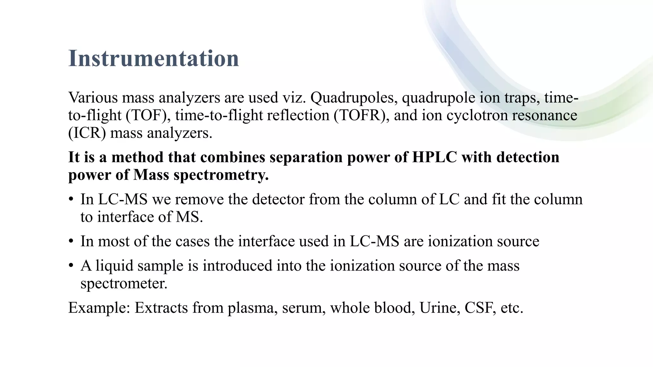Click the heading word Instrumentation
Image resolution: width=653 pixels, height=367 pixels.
pyautogui.click(x=153, y=59)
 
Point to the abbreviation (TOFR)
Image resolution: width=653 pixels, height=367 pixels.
pyautogui.click(x=362, y=115)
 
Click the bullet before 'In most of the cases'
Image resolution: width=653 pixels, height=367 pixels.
pyautogui.click(x=71, y=241)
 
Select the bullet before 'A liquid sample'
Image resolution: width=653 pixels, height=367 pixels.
pyautogui.click(x=71, y=266)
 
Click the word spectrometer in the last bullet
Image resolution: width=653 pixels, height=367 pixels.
pyautogui.click(x=123, y=284)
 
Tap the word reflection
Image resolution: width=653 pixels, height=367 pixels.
pyautogui.click(x=298, y=115)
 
